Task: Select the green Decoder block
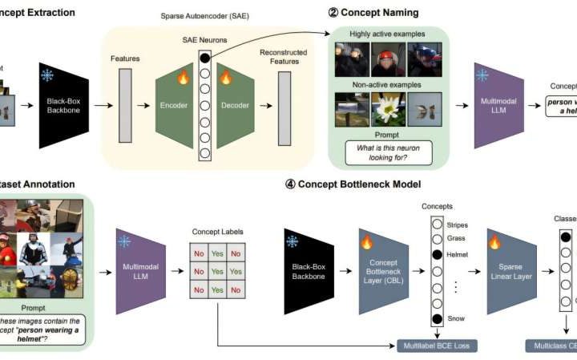pyautogui.click(x=236, y=105)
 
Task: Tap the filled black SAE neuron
pyautogui.click(x=205, y=59)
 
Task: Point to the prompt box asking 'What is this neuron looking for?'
pyautogui.click(x=388, y=152)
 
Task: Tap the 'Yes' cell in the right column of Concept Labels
pyautogui.click(x=236, y=272)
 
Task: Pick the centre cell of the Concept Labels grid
pyautogui.click(x=216, y=272)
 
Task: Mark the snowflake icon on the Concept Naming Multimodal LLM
pyautogui.click(x=482, y=75)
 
